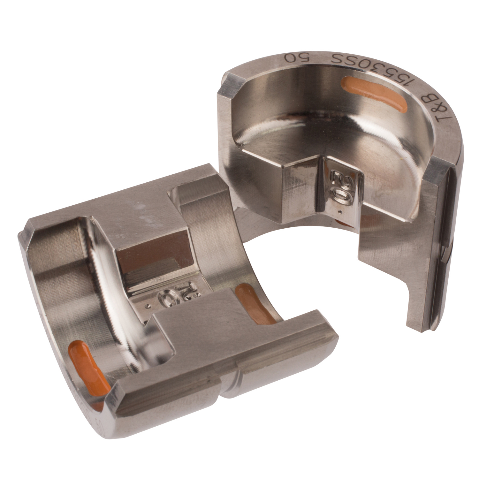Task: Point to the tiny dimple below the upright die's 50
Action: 341,211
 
